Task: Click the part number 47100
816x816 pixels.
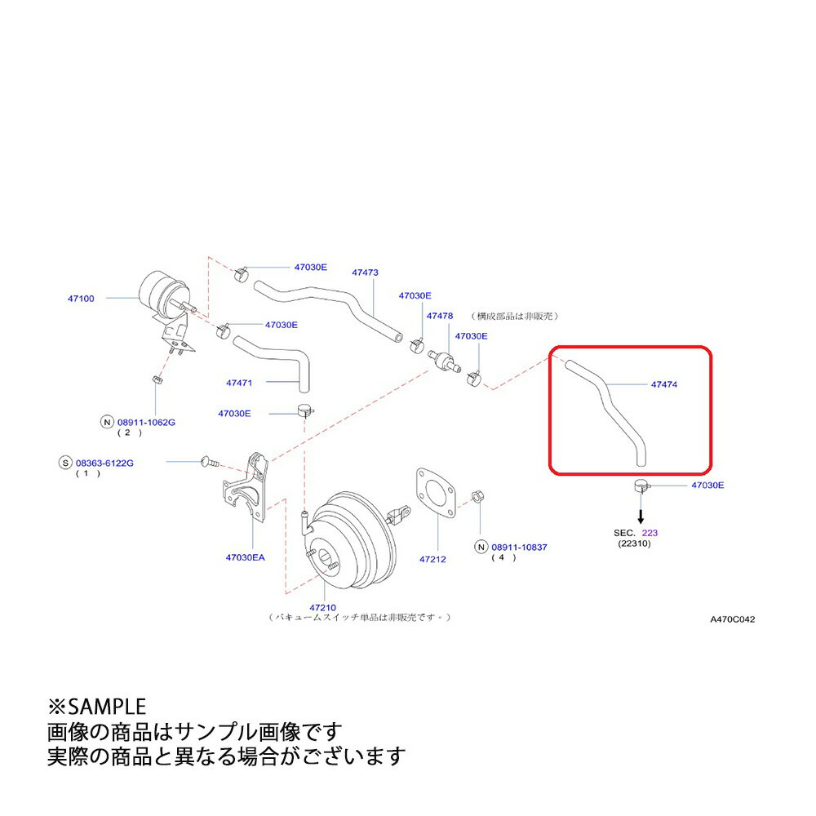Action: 81,299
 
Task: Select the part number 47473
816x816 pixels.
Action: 365,273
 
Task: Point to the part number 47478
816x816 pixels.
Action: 439,315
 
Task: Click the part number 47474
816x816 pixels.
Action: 664,384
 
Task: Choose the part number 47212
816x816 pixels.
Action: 432,560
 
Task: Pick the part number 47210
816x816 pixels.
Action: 322,607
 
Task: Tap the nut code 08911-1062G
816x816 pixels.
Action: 146,422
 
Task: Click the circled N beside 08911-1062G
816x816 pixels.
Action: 106,422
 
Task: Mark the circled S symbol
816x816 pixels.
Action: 64,463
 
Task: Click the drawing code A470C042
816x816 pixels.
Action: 732,619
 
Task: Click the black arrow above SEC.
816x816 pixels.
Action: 641,514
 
